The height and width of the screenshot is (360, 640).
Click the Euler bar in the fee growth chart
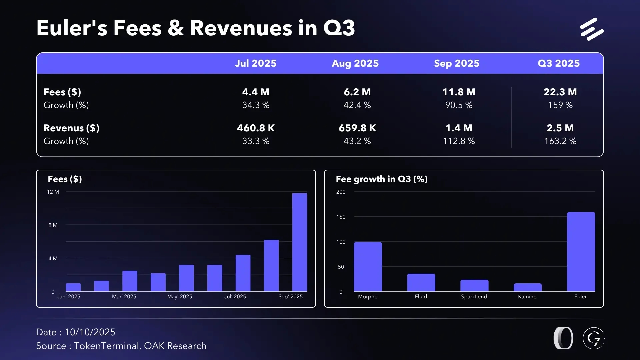coord(581,252)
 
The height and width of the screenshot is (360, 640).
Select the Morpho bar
coord(368,267)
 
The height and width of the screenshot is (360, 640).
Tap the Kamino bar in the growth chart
coord(527,287)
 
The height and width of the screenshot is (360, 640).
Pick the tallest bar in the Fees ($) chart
coord(299,242)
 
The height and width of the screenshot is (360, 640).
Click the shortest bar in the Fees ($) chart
coord(73,287)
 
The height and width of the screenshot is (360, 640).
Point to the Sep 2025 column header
coord(457,63)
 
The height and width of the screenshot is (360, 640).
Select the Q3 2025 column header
coord(559,63)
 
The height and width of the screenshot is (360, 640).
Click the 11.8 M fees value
coord(459,92)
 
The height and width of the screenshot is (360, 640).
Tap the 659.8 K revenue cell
coord(357,128)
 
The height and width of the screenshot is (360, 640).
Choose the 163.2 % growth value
coord(560,141)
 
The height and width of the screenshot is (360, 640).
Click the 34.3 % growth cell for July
coord(256,105)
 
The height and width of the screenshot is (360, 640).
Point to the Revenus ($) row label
coord(71,128)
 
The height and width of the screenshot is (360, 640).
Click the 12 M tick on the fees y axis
coord(53,192)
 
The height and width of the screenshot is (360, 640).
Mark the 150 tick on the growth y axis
coord(341,217)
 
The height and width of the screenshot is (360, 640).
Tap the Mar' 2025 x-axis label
coord(124,296)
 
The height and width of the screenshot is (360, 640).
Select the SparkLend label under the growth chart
coord(474,296)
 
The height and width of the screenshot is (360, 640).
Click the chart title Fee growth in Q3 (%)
coord(382,179)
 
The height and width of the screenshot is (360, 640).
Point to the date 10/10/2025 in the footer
coord(90,332)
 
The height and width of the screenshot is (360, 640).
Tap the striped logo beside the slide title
coord(592,29)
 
